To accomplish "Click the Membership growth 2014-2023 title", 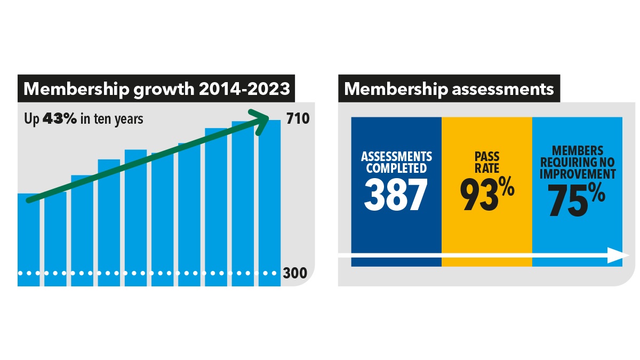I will click(157, 89).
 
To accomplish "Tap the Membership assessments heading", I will click(449, 89).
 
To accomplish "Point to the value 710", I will click(298, 118).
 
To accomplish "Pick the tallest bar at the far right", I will click(269, 203).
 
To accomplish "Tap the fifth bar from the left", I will click(135, 219).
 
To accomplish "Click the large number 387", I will click(396, 195).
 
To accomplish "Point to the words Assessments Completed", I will click(396, 162).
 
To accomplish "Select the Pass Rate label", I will click(486, 162).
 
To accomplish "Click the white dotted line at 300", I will click(144, 273).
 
